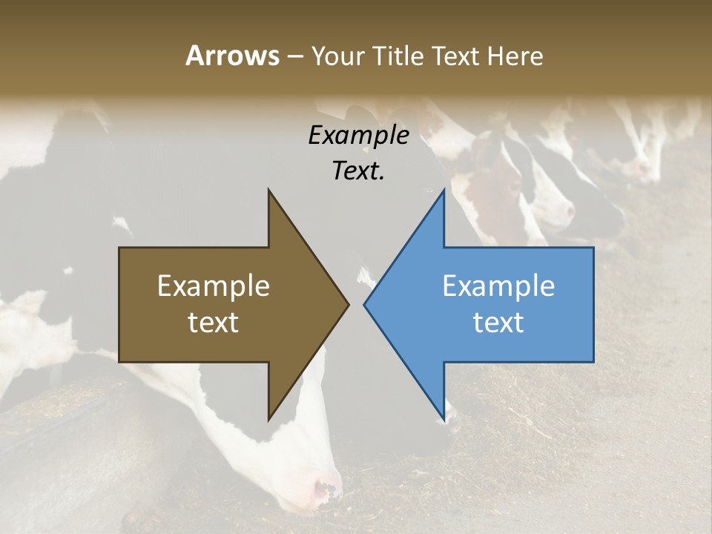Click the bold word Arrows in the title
(x=232, y=56)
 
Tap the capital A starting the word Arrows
(x=194, y=56)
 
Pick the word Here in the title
(x=515, y=56)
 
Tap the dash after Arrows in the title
(x=294, y=57)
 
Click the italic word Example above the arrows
(x=358, y=136)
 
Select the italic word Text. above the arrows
(x=358, y=171)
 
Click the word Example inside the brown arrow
(x=214, y=286)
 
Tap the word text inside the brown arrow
(x=214, y=323)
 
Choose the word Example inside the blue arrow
(x=498, y=286)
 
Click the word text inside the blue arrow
(x=498, y=323)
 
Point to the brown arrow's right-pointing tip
(x=348, y=304)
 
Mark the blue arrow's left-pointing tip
(x=365, y=304)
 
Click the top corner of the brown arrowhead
(x=269, y=191)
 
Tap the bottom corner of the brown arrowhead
(x=269, y=419)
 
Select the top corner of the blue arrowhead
(x=444, y=191)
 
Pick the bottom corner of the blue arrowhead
(x=444, y=419)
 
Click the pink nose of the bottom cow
(x=327, y=489)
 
